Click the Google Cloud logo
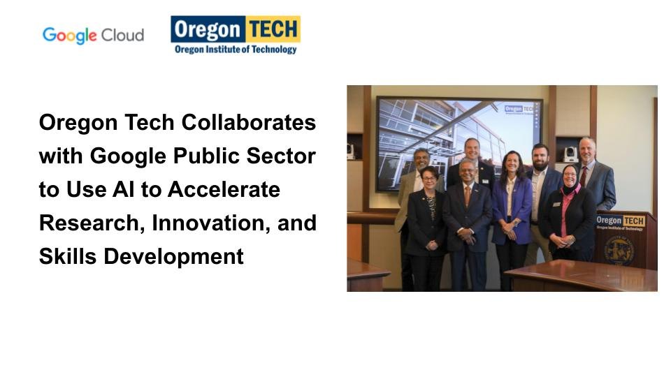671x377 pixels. [x=93, y=36]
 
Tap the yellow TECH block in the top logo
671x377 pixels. [x=273, y=29]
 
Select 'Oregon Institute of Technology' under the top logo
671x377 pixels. [x=236, y=49]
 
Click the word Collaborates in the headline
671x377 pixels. [x=249, y=123]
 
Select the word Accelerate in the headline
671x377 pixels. [x=224, y=189]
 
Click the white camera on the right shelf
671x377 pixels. [x=570, y=154]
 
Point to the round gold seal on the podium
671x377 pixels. [x=619, y=251]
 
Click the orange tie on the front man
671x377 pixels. [x=468, y=197]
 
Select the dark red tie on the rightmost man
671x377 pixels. [x=584, y=176]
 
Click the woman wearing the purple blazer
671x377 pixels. [x=512, y=214]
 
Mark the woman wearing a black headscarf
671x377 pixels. [x=569, y=213]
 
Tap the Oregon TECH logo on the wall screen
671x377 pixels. [x=519, y=110]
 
